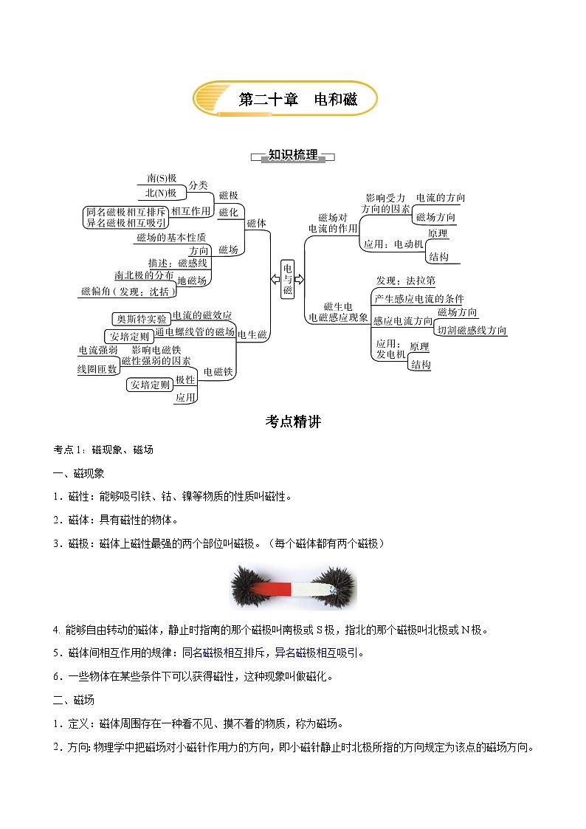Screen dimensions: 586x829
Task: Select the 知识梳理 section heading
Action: point(293,155)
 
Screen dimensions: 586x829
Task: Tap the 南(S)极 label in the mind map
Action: point(162,178)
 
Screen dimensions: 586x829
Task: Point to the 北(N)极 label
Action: point(160,193)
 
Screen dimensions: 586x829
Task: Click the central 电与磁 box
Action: point(288,279)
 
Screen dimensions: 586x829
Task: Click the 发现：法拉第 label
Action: point(405,281)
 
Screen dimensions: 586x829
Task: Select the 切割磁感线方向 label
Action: point(472,330)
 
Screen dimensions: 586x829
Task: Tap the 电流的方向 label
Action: point(440,198)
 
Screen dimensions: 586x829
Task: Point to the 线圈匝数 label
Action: point(97,368)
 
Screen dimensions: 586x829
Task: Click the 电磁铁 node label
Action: point(218,372)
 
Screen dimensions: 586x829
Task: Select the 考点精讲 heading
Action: point(293,422)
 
